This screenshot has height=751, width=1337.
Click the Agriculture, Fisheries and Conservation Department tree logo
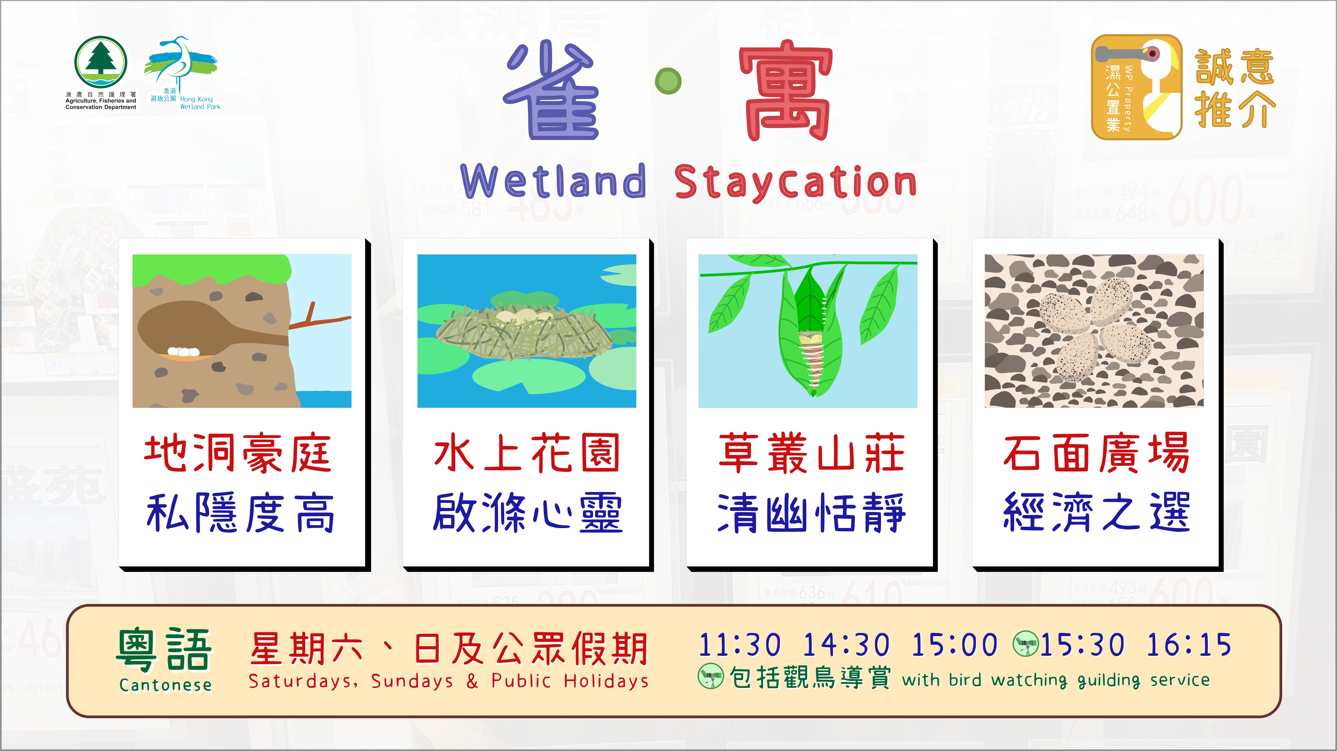coord(101,62)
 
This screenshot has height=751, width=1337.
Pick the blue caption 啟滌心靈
coord(528,512)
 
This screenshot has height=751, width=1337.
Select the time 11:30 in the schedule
coord(740,645)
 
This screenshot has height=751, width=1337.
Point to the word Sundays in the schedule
coord(412,681)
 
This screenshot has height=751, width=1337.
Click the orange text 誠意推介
coord(1235,88)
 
